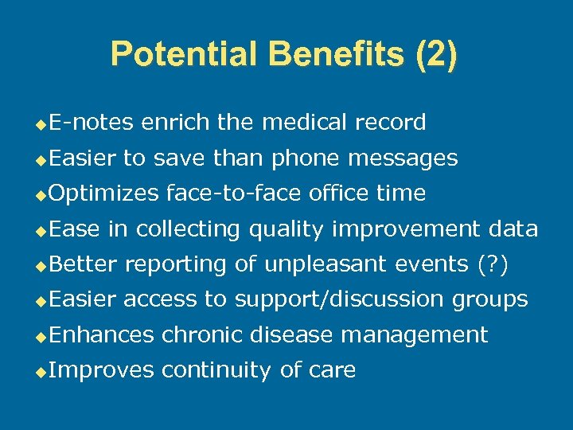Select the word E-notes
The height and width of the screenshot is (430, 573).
92,123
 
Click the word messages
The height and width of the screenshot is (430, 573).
404,158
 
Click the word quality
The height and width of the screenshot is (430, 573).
283,229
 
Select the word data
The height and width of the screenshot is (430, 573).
513,229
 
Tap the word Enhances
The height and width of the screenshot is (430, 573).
101,335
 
